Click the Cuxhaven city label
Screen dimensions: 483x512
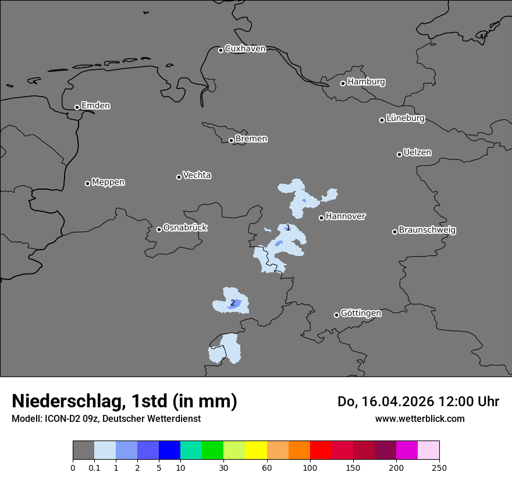(x=245, y=49)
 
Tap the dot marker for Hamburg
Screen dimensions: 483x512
(x=343, y=83)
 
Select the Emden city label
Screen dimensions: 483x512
(x=95, y=106)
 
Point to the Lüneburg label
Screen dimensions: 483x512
(x=405, y=119)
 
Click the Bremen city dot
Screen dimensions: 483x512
(x=231, y=140)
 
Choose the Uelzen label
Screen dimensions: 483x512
(x=417, y=153)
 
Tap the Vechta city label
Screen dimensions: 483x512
(x=197, y=175)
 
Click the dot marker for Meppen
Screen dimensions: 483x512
(x=87, y=183)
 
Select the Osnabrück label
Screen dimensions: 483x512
(x=185, y=228)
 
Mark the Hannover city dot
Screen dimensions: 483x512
(x=321, y=218)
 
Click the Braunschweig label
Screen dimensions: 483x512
(x=427, y=230)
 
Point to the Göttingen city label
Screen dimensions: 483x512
(x=361, y=314)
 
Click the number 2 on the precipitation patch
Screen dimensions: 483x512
(x=233, y=303)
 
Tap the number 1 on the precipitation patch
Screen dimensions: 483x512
(x=287, y=228)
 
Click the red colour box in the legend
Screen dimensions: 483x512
(x=321, y=450)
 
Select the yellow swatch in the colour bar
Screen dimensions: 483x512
(x=256, y=450)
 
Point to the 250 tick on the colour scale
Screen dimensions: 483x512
(x=439, y=467)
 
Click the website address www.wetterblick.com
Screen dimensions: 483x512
(x=419, y=419)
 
